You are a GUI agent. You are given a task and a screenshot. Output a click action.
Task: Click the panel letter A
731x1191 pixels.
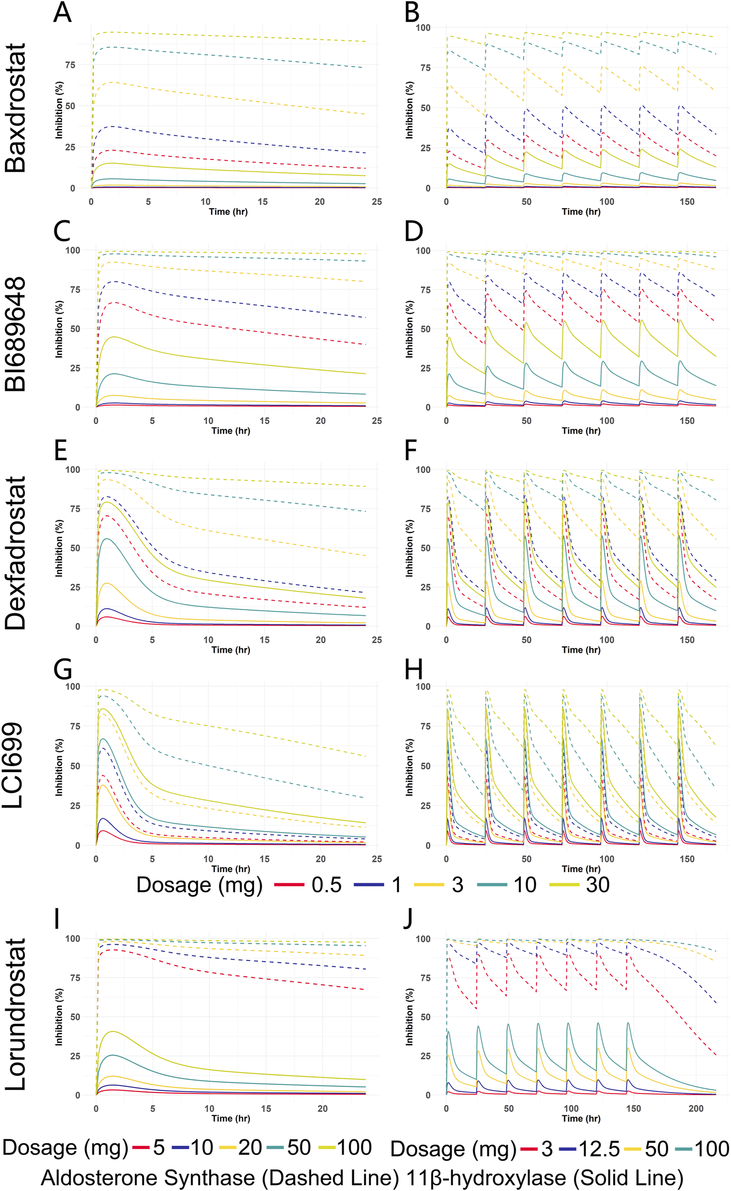(x=62, y=13)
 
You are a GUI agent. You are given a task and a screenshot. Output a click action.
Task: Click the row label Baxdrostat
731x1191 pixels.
(x=15, y=108)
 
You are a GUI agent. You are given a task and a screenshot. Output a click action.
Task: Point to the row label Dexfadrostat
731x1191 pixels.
(x=15, y=553)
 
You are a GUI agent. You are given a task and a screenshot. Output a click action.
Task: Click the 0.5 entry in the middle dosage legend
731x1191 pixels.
(x=326, y=885)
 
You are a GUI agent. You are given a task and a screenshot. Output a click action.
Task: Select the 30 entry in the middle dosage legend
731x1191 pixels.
(x=597, y=885)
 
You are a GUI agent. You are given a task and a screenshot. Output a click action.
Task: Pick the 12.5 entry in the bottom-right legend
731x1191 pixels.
(x=599, y=1149)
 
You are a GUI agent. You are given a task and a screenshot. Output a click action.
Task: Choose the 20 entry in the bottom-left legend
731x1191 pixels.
(x=250, y=1148)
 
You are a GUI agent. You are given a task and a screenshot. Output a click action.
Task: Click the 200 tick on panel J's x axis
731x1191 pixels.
(x=696, y=1108)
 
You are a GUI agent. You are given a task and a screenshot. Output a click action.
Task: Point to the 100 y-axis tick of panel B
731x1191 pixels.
(x=423, y=27)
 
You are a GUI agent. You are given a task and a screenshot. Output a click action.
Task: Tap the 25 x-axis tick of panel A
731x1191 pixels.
(x=376, y=202)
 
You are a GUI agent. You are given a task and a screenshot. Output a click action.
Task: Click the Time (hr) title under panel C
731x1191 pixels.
(x=231, y=431)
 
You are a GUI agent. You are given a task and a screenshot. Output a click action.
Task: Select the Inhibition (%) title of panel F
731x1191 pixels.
(x=409, y=548)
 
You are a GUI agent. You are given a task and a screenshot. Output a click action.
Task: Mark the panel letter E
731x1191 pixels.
(x=60, y=450)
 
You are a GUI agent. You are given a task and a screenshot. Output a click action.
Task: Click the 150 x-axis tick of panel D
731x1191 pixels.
(x=687, y=420)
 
